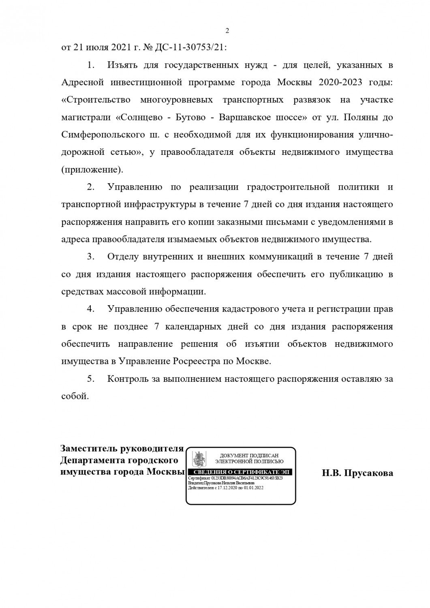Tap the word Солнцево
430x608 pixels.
(x=144, y=117)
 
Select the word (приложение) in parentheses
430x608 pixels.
(x=92, y=169)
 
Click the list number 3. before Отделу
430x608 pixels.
(x=91, y=257)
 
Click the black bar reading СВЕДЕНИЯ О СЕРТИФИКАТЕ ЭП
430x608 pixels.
(x=241, y=473)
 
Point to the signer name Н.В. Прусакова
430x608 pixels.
(x=357, y=473)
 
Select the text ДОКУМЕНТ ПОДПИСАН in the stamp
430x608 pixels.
(x=249, y=456)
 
